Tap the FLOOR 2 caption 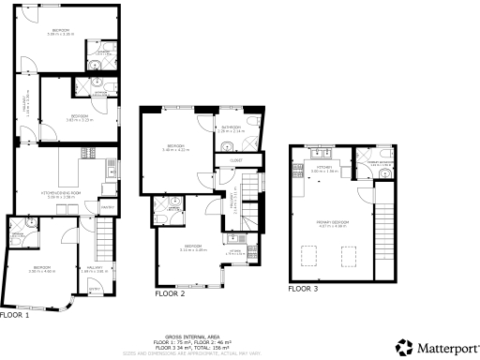169,293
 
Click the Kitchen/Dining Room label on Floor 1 61,194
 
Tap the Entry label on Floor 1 94,291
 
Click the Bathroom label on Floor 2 230,127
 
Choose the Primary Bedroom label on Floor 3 333,222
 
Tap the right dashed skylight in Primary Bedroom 349,255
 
